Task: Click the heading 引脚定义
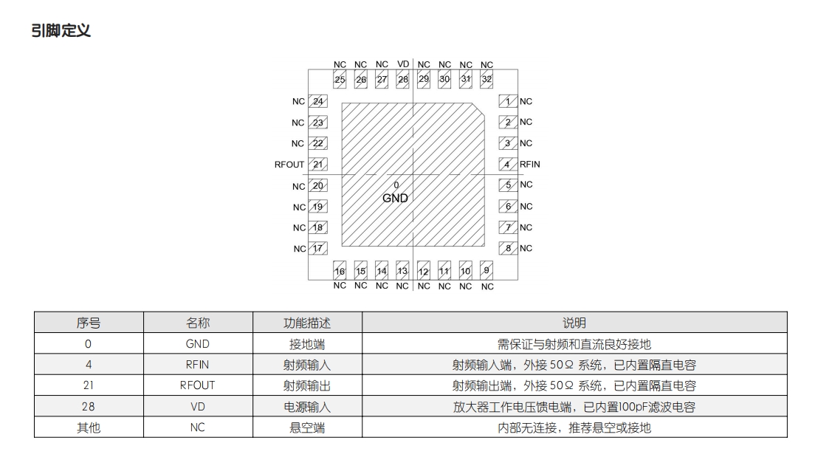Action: [61, 31]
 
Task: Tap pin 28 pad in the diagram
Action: [403, 80]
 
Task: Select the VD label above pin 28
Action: [403, 64]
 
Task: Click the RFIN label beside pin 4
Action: [529, 165]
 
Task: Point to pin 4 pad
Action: [508, 165]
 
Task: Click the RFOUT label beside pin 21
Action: [289, 165]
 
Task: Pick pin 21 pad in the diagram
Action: [318, 165]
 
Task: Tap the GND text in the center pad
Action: [395, 199]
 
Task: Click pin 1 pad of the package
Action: [508, 101]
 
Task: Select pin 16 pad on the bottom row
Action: [340, 270]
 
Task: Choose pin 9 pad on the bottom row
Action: [487, 270]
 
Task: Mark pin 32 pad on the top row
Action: [487, 80]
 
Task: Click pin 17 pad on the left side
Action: [318, 248]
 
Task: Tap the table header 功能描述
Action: [307, 323]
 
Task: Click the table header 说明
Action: [574, 323]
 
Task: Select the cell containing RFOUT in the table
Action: [198, 385]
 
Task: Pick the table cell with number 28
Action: [89, 407]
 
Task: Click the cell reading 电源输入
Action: [307, 407]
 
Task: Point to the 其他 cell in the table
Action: [89, 427]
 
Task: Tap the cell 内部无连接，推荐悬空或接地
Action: [574, 427]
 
